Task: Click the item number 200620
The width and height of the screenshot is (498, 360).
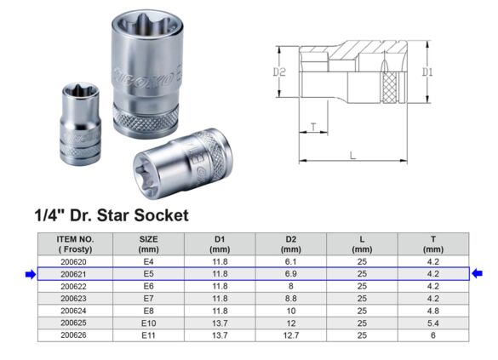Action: pyautogui.click(x=75, y=262)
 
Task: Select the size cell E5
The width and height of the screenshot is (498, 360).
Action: pyautogui.click(x=148, y=274)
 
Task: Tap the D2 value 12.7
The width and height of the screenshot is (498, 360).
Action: pyautogui.click(x=290, y=335)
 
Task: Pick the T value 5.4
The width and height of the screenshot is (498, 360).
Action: pyautogui.click(x=432, y=323)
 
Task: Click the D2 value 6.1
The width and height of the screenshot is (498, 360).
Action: pyautogui.click(x=290, y=262)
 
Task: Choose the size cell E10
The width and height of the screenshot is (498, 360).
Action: pyautogui.click(x=148, y=323)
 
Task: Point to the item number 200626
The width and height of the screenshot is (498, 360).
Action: pyautogui.click(x=75, y=335)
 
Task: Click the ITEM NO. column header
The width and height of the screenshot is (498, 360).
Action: pyautogui.click(x=75, y=244)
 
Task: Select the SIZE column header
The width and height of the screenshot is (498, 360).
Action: pyautogui.click(x=148, y=244)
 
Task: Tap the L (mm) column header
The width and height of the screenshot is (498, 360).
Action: pyautogui.click(x=362, y=244)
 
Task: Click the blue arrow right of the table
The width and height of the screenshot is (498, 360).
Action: pyautogui.click(x=477, y=274)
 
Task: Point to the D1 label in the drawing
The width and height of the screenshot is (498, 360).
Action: pyautogui.click(x=427, y=72)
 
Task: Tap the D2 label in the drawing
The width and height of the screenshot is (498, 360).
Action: pyautogui.click(x=278, y=73)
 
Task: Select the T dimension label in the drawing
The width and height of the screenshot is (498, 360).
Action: pyautogui.click(x=313, y=127)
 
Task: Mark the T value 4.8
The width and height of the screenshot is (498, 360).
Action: pyautogui.click(x=432, y=311)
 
